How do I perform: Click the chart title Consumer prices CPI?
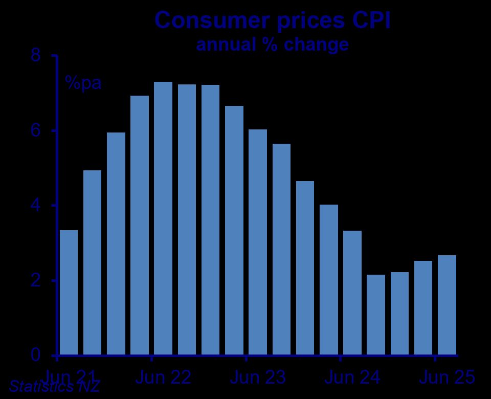[273, 20]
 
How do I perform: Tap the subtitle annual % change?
[273, 45]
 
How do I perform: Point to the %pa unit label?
[83, 83]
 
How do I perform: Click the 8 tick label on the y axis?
[36, 55]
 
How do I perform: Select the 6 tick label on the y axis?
[36, 130]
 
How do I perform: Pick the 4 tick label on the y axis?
[36, 206]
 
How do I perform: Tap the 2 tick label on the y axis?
[36, 281]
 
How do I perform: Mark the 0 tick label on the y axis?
[36, 356]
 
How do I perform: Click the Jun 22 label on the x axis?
[164, 378]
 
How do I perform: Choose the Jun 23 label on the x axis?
[258, 378]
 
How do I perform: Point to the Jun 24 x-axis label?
[352, 378]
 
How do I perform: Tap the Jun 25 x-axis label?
[447, 378]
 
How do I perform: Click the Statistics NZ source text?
[54, 387]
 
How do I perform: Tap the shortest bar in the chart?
[376, 315]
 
